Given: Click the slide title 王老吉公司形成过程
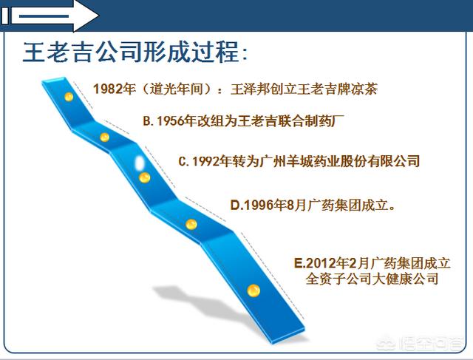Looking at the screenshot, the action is [131, 52].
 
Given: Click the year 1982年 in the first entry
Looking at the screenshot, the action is [115, 89].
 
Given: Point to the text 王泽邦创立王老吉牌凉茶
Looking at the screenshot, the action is [304, 89].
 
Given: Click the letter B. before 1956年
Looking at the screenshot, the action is [149, 121].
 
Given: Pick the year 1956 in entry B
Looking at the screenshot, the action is [171, 121].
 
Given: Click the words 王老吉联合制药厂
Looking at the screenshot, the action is [291, 121].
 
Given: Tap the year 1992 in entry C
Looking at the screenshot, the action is [206, 161].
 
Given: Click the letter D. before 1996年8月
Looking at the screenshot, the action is [236, 206].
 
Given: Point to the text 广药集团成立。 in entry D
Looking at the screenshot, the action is [352, 206].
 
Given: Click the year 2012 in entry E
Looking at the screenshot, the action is [321, 263].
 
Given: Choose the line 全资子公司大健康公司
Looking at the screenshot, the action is [372, 279].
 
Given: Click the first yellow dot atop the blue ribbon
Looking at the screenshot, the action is [69, 97].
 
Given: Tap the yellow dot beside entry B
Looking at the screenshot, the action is [104, 137].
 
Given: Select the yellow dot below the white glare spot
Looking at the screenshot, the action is [145, 177].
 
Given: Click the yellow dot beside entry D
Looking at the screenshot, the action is [191, 225].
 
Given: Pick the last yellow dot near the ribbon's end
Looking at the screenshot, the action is [253, 291].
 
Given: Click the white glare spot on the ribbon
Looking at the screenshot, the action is [140, 163].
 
